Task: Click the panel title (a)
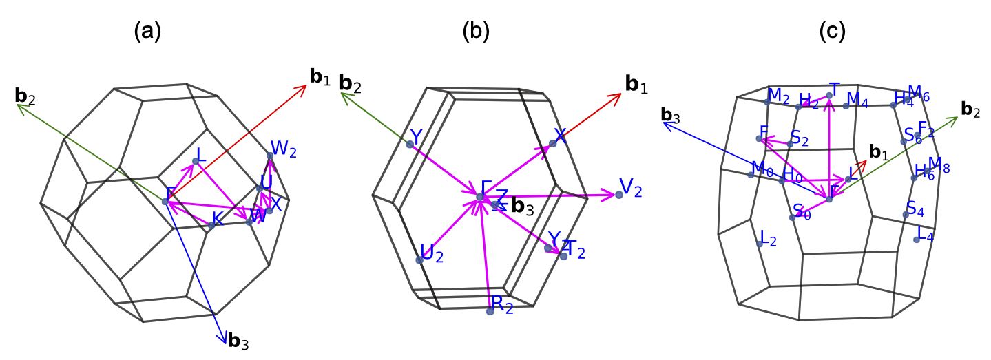click(x=149, y=31)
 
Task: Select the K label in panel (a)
click(x=218, y=219)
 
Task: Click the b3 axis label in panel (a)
click(x=238, y=341)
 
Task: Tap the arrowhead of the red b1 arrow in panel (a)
click(x=304, y=87)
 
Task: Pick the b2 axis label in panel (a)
click(x=25, y=95)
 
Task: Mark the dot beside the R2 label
click(x=490, y=311)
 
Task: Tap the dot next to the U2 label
click(x=419, y=260)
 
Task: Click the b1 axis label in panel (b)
click(x=636, y=85)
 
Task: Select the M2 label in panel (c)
click(x=779, y=96)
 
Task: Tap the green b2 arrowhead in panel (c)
click(x=955, y=119)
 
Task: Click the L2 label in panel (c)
click(x=767, y=240)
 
